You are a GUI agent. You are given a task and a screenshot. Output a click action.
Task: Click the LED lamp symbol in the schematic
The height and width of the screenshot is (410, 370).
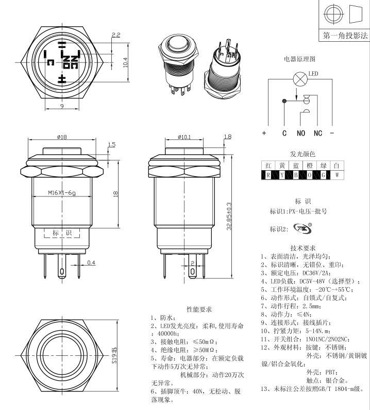[x=297, y=79]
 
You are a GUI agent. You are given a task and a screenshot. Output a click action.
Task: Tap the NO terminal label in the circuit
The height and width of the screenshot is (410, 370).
[x=301, y=133]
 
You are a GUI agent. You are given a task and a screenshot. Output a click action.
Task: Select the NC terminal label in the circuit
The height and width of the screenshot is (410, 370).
[x=317, y=133]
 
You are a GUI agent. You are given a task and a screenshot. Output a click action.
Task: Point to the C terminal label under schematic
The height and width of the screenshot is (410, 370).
[x=284, y=133]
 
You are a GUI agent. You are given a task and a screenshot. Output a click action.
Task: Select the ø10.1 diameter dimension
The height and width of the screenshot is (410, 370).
[x=184, y=137]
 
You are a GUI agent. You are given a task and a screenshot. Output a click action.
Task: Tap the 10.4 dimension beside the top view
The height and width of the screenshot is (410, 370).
[x=125, y=62]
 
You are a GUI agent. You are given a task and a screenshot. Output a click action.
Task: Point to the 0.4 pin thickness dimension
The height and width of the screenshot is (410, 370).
[x=91, y=263]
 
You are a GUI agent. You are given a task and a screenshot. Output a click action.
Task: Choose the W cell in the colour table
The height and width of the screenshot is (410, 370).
[x=337, y=175]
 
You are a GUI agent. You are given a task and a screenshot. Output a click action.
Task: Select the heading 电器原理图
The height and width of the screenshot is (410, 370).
[x=299, y=59]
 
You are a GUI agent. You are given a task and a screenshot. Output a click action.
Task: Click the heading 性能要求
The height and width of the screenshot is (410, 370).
[x=199, y=309]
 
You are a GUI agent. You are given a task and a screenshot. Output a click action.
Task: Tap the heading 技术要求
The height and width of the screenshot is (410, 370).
[x=302, y=248]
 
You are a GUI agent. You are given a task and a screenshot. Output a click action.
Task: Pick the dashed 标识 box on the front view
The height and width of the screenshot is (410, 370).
[x=62, y=233]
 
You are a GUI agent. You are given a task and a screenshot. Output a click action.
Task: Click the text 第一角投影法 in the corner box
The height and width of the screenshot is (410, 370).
[x=345, y=36]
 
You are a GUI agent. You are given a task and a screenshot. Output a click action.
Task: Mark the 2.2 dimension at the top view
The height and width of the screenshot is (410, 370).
[x=115, y=35]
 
